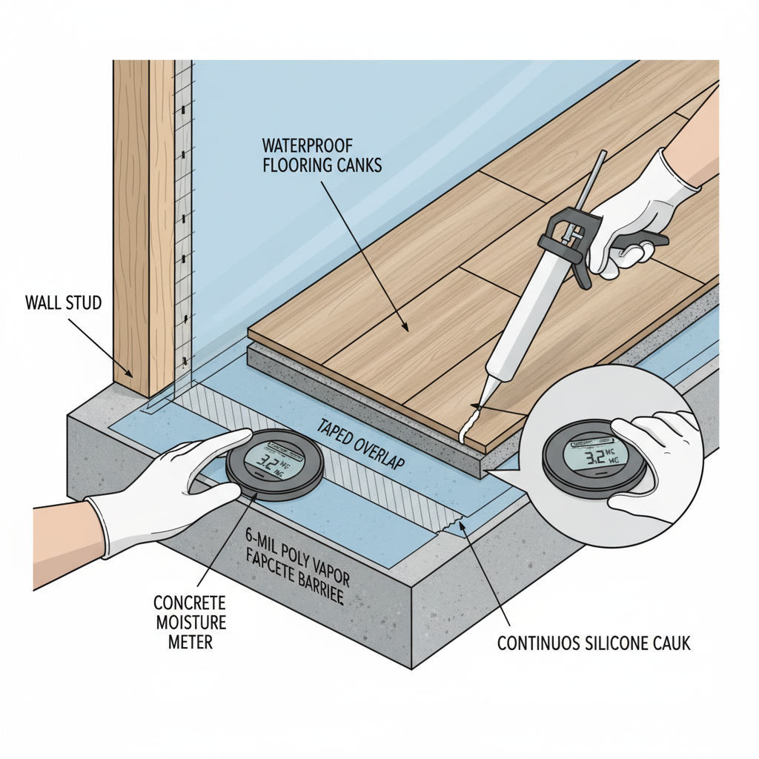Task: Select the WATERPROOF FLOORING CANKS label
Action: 322,154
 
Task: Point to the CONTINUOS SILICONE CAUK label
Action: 594,643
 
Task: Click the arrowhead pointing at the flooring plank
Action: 405,327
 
